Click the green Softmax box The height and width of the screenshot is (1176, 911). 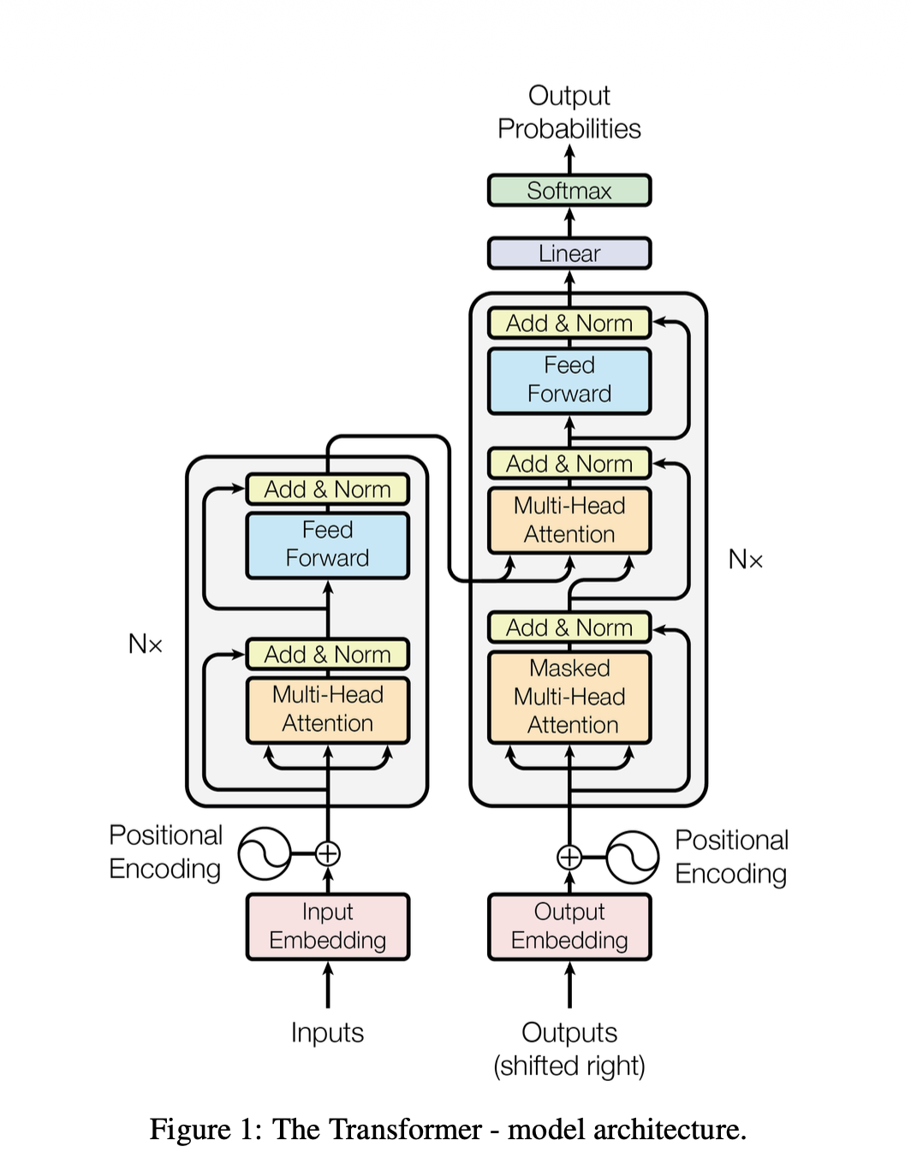pyautogui.click(x=569, y=190)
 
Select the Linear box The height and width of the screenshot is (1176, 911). pyautogui.click(x=569, y=253)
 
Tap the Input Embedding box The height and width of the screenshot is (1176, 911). pyautogui.click(x=328, y=926)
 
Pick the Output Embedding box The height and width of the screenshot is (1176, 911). pyautogui.click(x=569, y=926)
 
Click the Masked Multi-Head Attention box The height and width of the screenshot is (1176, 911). pyautogui.click(x=569, y=697)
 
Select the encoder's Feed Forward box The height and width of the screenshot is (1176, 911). pyautogui.click(x=328, y=544)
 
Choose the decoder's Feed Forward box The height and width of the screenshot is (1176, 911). pyautogui.click(x=569, y=380)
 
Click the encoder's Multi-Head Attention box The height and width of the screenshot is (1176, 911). pyautogui.click(x=328, y=710)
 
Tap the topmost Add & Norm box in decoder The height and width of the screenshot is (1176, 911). pyautogui.click(x=569, y=324)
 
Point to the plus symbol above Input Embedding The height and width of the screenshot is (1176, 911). pyautogui.click(x=328, y=853)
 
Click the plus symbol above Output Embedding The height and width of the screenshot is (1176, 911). pyautogui.click(x=569, y=857)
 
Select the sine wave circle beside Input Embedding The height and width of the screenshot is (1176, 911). pyautogui.click(x=265, y=853)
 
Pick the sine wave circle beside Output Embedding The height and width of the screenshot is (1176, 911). pyautogui.click(x=633, y=857)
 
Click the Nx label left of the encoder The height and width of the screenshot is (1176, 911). pyautogui.click(x=145, y=644)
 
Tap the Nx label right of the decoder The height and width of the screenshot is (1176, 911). pyautogui.click(x=745, y=560)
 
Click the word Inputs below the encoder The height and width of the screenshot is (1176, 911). pyautogui.click(x=327, y=1032)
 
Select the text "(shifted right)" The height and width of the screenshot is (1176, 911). pyautogui.click(x=569, y=1066)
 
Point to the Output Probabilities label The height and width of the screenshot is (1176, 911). pyautogui.click(x=569, y=112)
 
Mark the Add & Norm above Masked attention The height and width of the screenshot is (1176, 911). pyautogui.click(x=569, y=627)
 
